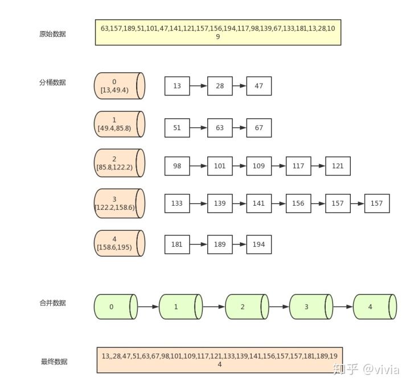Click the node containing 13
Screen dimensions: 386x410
(177, 86)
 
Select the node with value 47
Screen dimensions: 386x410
(259, 86)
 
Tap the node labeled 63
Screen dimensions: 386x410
(220, 128)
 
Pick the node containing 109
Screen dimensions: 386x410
(259, 166)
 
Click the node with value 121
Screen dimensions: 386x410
(338, 166)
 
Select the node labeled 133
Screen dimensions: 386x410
(177, 204)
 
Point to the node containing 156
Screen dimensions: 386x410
(298, 204)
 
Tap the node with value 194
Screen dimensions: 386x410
(259, 244)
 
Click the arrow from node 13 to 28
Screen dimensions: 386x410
(198, 86)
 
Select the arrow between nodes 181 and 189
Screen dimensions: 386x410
(198, 244)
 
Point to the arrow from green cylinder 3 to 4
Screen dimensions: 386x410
(343, 307)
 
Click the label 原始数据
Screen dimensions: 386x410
(52, 34)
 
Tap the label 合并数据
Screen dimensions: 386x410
(52, 303)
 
